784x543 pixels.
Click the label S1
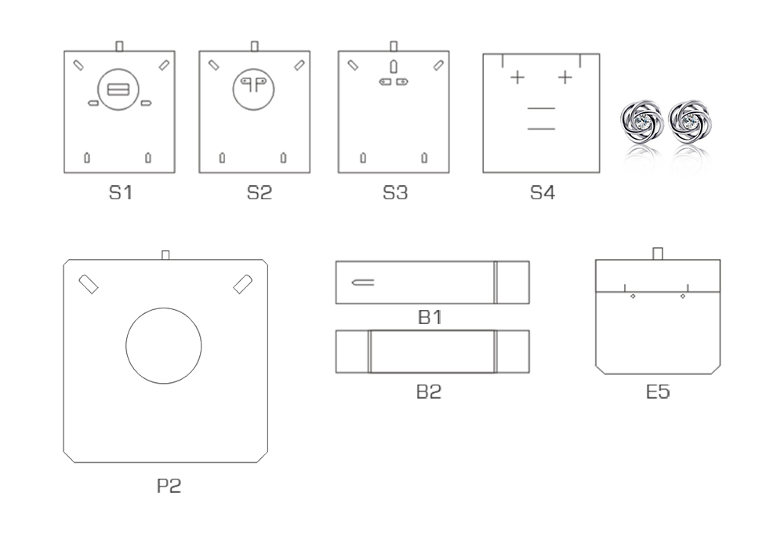point(121,193)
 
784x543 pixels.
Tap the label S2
point(260,193)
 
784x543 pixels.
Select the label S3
point(395,193)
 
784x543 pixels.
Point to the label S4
point(543,193)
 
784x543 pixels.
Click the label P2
point(169,486)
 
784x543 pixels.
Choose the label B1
point(430,317)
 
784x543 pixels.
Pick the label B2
point(429,392)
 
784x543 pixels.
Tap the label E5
point(658,392)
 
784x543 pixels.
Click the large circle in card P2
point(164,308)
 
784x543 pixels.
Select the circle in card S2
point(253,69)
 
